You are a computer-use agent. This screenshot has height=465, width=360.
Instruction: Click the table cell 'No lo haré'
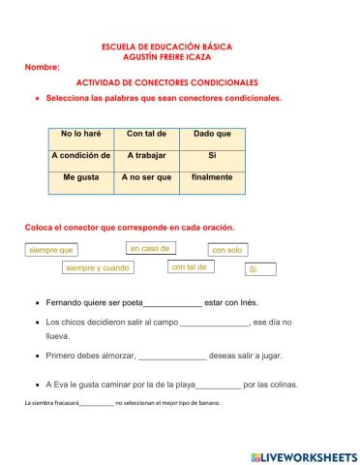click(81, 134)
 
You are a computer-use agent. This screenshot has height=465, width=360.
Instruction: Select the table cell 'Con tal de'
click(147, 134)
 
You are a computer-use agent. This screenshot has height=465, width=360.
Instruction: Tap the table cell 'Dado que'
click(212, 134)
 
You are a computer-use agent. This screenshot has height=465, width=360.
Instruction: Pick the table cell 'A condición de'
click(81, 155)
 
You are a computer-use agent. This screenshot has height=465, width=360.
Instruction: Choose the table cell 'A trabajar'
click(147, 155)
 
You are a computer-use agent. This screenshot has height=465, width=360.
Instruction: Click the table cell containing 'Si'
click(212, 155)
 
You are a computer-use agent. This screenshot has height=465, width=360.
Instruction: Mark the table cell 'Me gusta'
click(81, 177)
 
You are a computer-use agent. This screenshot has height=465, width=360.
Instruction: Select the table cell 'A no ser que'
click(147, 177)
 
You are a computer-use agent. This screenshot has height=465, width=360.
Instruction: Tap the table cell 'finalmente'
click(212, 177)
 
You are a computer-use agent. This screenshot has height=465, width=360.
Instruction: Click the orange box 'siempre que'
click(51, 250)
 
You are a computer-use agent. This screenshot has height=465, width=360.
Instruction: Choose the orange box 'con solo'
click(228, 250)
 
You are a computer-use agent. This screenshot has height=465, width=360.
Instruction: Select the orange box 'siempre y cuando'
click(97, 268)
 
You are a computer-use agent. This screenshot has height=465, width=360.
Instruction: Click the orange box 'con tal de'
click(191, 267)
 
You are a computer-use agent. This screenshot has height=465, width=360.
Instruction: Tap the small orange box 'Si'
click(260, 269)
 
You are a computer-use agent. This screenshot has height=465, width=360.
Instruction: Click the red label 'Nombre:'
click(43, 67)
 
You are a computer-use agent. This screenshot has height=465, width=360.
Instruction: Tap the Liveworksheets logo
click(303, 455)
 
